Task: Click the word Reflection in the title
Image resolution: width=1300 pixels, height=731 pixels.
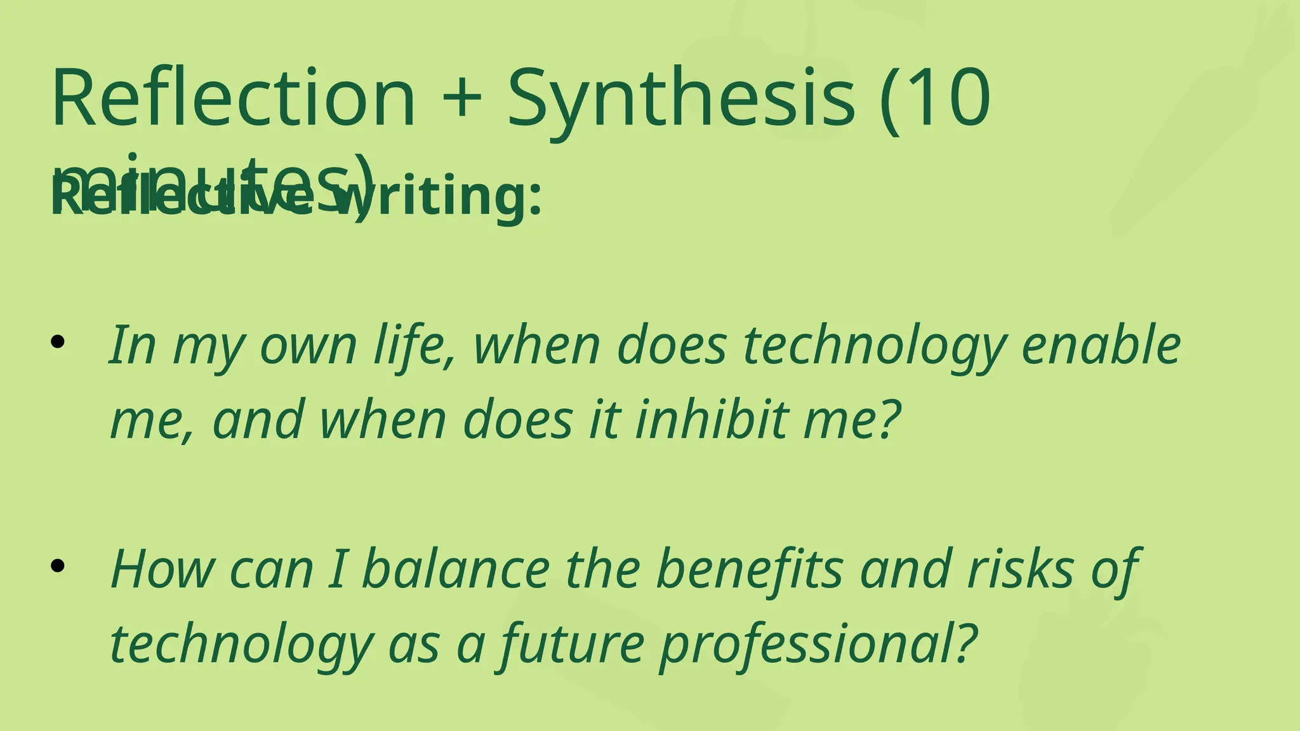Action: (234, 98)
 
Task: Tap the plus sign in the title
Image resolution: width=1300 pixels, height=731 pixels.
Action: (460, 98)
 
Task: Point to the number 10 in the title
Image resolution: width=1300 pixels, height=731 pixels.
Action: (955, 98)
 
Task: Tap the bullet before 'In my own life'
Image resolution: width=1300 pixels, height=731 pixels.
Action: (58, 343)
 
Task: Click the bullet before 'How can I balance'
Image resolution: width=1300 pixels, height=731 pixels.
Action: (58, 566)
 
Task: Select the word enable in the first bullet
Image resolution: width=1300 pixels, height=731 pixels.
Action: (1101, 345)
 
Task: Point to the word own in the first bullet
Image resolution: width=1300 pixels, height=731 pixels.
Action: (308, 346)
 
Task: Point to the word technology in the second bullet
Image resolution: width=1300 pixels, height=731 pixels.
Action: (242, 645)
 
